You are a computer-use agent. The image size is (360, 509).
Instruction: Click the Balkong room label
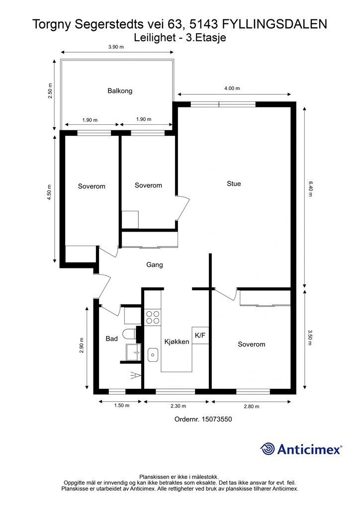[x=120, y=91]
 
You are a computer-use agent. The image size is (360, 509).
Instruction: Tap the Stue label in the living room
[x=234, y=184]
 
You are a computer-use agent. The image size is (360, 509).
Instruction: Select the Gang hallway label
[x=155, y=265]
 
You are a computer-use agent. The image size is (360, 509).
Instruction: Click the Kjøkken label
[x=177, y=341]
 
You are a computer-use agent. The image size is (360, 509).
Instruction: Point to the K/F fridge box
[x=200, y=336]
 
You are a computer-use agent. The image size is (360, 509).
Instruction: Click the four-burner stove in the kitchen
[x=153, y=318]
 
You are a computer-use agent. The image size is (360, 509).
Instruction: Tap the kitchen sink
[x=153, y=355]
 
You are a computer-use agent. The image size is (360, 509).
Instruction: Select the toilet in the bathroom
[x=130, y=334]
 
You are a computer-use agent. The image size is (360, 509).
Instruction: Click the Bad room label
[x=112, y=339]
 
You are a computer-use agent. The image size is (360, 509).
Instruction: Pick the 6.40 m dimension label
[x=310, y=189]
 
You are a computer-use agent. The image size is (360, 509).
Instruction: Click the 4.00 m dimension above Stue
[x=232, y=88]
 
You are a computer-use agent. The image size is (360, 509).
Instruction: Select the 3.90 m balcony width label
[x=116, y=47]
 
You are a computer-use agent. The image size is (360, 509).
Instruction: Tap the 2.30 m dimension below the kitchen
[x=178, y=406]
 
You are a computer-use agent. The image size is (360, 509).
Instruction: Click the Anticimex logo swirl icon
[x=268, y=449]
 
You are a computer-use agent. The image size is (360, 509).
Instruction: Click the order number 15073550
[x=217, y=419]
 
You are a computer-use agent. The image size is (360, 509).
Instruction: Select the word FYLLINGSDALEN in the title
[x=274, y=24]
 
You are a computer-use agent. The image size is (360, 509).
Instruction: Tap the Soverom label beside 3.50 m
[x=252, y=344]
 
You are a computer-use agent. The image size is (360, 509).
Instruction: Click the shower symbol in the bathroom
[x=136, y=376]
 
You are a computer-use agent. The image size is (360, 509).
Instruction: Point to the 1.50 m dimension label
[x=121, y=406]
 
